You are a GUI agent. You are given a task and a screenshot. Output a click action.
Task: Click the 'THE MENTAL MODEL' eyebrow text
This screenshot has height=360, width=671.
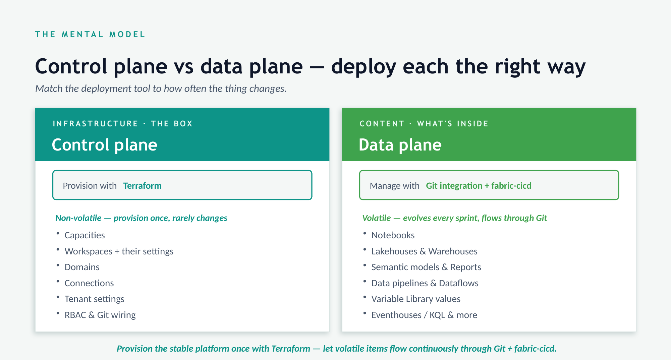tap(90, 35)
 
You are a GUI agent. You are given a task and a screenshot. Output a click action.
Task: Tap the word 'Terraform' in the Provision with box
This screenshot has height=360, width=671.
tap(142, 186)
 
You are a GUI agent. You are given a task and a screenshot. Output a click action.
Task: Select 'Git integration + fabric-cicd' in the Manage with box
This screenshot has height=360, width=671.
tap(479, 186)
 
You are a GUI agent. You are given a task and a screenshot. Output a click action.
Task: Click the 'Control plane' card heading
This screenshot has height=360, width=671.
tap(105, 145)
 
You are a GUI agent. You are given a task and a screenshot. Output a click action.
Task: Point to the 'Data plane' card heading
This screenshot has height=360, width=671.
tap(400, 145)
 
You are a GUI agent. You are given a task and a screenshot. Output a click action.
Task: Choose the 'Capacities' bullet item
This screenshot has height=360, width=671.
tap(85, 235)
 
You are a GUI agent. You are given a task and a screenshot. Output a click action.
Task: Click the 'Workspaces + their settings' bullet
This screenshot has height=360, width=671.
tap(119, 251)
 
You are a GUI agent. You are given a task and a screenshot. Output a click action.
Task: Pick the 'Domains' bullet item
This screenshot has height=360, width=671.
tap(82, 267)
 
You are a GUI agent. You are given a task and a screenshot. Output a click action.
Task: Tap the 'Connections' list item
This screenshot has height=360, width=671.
tap(89, 283)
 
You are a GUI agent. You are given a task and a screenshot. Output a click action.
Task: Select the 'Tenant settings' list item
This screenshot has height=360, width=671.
tap(95, 299)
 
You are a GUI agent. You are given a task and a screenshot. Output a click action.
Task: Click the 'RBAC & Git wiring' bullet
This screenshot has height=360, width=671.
tap(100, 315)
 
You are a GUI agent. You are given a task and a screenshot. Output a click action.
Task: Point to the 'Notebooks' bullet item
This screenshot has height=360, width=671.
tap(393, 235)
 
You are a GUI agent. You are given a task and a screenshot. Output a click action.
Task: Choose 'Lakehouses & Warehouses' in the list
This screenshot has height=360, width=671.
tap(425, 251)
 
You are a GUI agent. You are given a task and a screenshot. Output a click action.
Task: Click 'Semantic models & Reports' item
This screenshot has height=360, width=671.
tap(426, 267)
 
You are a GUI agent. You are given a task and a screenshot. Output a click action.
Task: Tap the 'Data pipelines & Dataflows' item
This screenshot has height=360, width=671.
tap(425, 283)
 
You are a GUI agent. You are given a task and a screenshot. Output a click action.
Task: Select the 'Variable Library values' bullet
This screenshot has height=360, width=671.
tap(416, 299)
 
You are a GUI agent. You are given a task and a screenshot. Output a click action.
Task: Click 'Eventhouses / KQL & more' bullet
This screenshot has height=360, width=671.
tap(424, 315)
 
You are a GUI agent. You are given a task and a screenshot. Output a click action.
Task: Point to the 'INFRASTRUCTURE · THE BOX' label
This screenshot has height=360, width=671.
tap(123, 124)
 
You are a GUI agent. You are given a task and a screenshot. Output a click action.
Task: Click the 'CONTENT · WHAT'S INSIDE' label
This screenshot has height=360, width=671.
tap(424, 124)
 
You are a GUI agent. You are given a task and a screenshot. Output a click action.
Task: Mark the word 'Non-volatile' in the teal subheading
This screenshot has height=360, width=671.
tap(78, 218)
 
